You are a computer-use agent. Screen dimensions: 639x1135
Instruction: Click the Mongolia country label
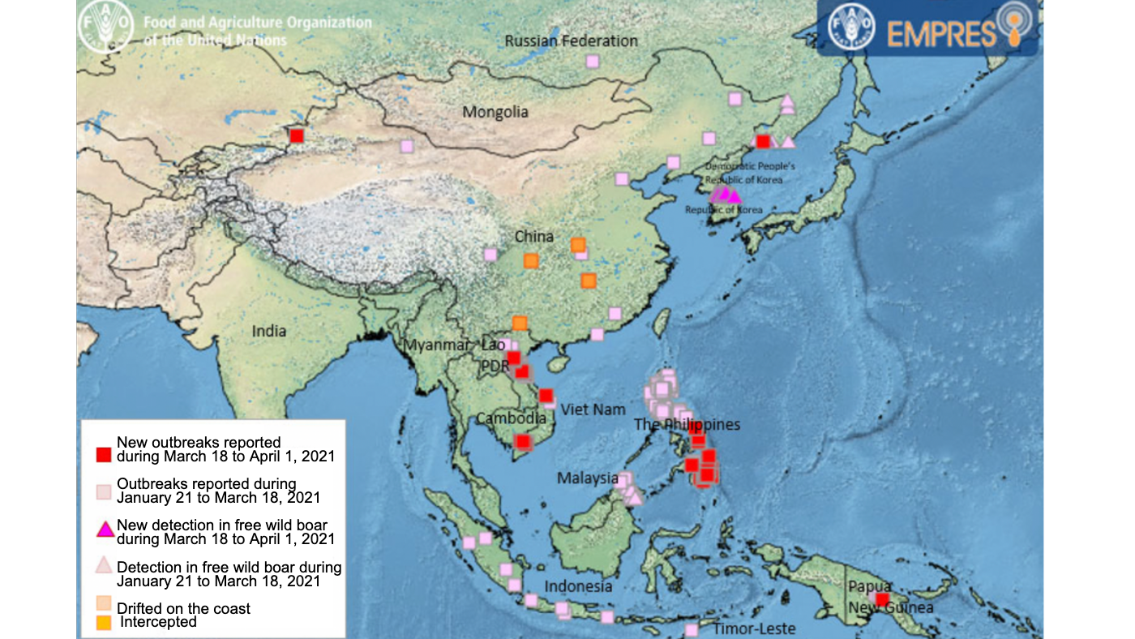click(495, 112)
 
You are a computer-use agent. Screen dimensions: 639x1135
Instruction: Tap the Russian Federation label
click(571, 41)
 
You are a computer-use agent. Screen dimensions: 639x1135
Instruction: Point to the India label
click(269, 331)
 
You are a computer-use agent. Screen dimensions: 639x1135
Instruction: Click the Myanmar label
click(437, 345)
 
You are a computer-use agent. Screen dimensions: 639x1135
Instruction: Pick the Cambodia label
click(511, 418)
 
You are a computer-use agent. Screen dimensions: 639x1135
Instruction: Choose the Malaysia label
click(588, 478)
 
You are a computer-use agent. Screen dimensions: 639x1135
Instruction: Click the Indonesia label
click(578, 586)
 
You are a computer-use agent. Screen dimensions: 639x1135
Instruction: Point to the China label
click(534, 237)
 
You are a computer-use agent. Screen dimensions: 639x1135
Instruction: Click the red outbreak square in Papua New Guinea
click(883, 599)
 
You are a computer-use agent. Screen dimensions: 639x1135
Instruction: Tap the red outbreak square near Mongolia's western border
click(297, 136)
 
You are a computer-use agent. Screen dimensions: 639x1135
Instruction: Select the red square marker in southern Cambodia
click(523, 442)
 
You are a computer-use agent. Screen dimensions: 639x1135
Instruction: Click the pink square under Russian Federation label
click(593, 61)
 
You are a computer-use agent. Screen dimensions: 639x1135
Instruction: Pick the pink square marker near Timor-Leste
click(692, 629)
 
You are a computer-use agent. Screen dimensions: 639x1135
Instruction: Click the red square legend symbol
click(103, 453)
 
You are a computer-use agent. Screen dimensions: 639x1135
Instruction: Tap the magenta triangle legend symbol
click(103, 530)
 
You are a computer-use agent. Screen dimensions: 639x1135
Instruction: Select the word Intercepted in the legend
click(158, 622)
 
